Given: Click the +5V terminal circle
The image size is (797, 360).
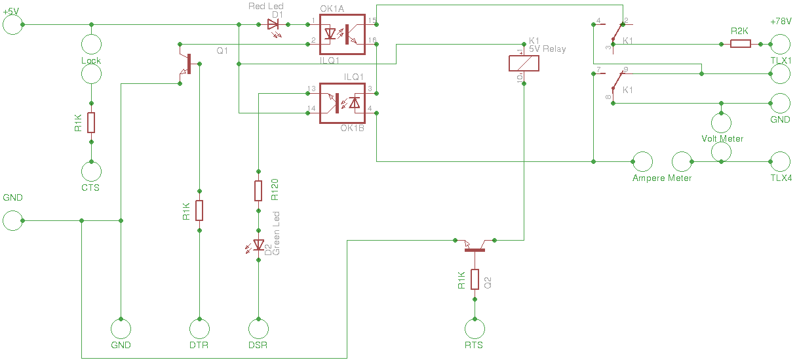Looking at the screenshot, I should (12, 24).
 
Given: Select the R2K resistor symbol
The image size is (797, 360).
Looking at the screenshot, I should (741, 44).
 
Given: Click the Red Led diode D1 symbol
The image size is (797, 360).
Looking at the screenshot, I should (273, 25).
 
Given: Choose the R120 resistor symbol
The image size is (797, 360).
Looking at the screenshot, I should (258, 191).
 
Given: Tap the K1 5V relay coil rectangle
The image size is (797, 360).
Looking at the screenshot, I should (524, 63).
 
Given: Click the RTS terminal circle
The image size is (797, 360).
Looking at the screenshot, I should (474, 328).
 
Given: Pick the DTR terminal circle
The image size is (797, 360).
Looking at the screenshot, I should (199, 328).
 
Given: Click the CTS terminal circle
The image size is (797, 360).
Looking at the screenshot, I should (91, 172).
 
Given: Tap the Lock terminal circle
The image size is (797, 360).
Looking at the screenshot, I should (91, 44).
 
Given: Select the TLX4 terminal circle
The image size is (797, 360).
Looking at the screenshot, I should (780, 161).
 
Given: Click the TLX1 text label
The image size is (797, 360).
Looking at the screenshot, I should (781, 60).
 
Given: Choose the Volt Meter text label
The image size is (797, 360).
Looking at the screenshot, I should (722, 139).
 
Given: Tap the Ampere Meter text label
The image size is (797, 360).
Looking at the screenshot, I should (662, 178).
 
